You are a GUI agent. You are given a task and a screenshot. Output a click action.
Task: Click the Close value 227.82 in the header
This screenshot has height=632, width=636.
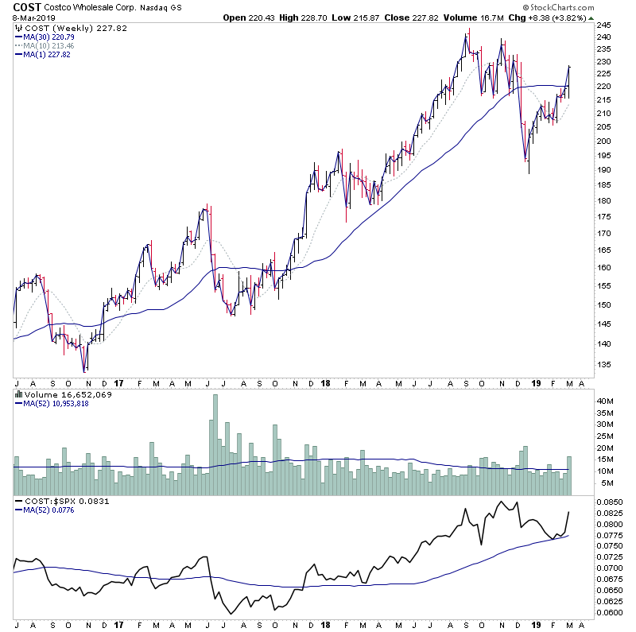click(x=445, y=17)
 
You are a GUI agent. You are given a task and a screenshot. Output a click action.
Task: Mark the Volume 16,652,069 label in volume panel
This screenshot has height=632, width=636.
click(x=60, y=393)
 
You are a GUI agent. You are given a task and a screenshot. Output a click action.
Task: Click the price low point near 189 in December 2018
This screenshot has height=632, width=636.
click(x=528, y=172)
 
